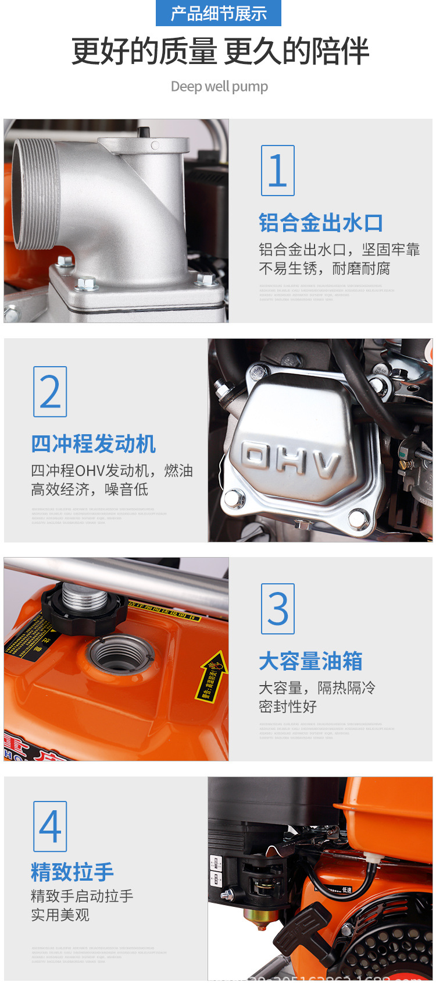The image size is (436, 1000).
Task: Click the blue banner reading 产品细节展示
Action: pyautogui.click(x=218, y=13)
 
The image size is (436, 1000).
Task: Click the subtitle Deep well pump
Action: pyautogui.click(x=219, y=87)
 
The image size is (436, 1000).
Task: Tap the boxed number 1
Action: pyautogui.click(x=278, y=171)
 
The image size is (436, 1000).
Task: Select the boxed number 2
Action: pyautogui.click(x=50, y=392)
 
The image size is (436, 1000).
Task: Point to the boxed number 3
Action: pyautogui.click(x=278, y=609)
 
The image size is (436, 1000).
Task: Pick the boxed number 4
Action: pyautogui.click(x=50, y=827)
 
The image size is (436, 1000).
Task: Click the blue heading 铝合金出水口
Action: pyautogui.click(x=320, y=223)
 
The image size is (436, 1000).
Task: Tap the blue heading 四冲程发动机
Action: pyautogui.click(x=93, y=444)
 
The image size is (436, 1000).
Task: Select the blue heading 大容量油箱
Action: pyautogui.click(x=310, y=661)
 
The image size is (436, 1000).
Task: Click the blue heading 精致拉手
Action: pyautogui.click(x=72, y=872)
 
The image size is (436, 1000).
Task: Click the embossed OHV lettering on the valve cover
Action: pyautogui.click(x=291, y=459)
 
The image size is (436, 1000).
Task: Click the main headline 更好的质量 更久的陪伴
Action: pyautogui.click(x=220, y=51)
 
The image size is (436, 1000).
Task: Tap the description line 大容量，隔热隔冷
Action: pyautogui.click(x=317, y=688)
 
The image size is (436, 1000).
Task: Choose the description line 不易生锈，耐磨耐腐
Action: pyautogui.click(x=324, y=268)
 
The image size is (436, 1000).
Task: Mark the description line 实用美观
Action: pyautogui.click(x=60, y=914)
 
